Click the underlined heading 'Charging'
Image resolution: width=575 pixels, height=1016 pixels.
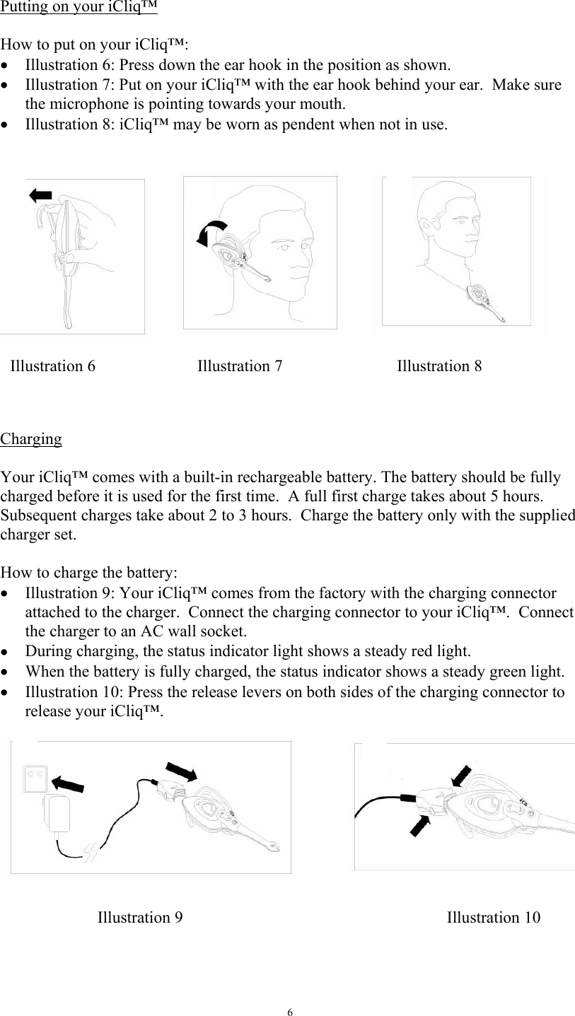tap(31, 439)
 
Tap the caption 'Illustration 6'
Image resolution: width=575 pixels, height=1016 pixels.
tap(53, 366)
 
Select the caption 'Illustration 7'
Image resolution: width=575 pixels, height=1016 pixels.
tap(239, 366)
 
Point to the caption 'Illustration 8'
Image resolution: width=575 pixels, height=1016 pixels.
tap(439, 366)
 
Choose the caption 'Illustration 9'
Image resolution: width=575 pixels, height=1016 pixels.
tap(139, 918)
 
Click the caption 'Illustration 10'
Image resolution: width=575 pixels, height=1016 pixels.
tap(494, 918)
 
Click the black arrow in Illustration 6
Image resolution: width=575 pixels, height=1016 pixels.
tap(40, 194)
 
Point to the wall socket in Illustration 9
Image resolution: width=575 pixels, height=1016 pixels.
tap(35, 778)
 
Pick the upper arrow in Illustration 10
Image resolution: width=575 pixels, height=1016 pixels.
tap(463, 776)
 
